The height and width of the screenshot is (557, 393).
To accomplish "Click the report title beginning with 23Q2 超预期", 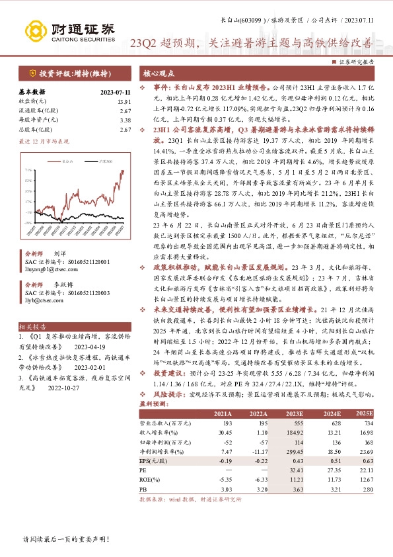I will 251,44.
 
